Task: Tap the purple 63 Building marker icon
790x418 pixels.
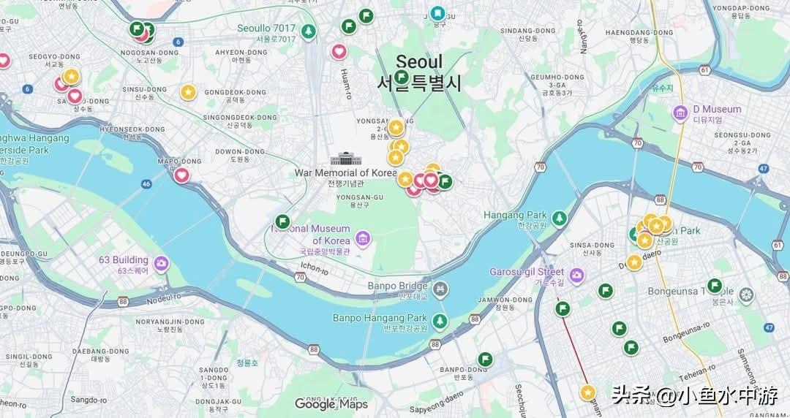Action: click(x=160, y=264)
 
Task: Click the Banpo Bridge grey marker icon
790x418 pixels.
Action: click(x=440, y=289)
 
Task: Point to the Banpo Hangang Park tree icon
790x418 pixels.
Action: click(x=440, y=321)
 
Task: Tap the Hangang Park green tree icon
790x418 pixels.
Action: click(x=560, y=218)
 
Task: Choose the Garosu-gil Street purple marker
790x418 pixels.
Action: click(x=577, y=275)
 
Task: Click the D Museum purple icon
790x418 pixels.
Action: click(x=680, y=113)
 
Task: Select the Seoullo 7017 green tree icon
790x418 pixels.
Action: click(x=309, y=31)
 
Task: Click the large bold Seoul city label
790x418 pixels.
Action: click(x=419, y=63)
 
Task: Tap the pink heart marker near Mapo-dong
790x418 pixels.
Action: click(x=181, y=175)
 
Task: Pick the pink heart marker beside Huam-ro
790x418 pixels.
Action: click(x=339, y=51)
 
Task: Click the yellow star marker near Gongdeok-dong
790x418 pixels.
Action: click(x=188, y=92)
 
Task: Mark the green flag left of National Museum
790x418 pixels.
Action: click(x=282, y=221)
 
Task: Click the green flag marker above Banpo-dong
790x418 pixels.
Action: click(x=485, y=359)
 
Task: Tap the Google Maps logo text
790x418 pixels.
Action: click(x=331, y=404)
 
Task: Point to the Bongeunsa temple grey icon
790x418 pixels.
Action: click(x=746, y=295)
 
